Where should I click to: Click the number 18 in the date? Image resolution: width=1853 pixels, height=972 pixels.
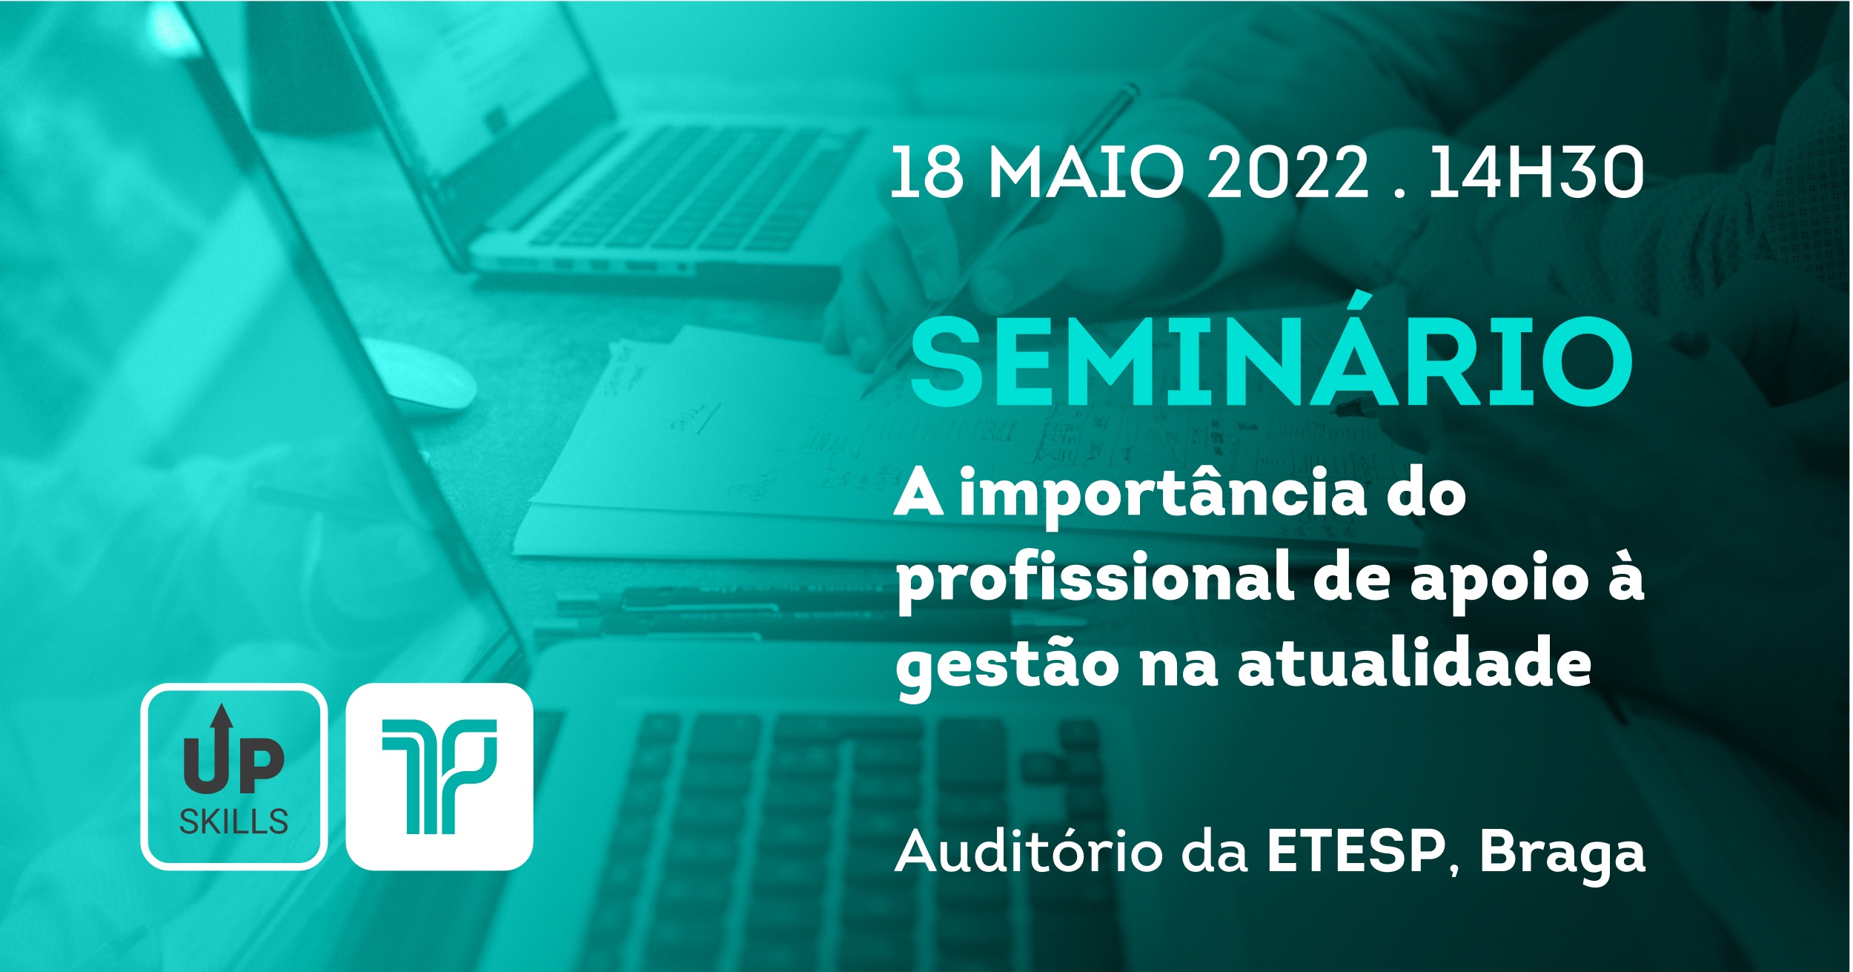926,172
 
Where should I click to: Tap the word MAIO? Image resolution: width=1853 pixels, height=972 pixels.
1087,172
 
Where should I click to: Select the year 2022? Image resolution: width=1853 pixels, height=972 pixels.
1287,172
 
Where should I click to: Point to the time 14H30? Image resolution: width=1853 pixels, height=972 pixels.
1536,172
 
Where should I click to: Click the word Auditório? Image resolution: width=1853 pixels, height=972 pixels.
1029,853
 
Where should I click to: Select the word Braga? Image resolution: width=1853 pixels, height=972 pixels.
1562,856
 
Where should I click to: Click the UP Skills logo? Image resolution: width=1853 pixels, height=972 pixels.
233,776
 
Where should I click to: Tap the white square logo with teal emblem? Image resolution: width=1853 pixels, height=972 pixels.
440,776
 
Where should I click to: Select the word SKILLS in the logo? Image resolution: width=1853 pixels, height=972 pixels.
233,821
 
